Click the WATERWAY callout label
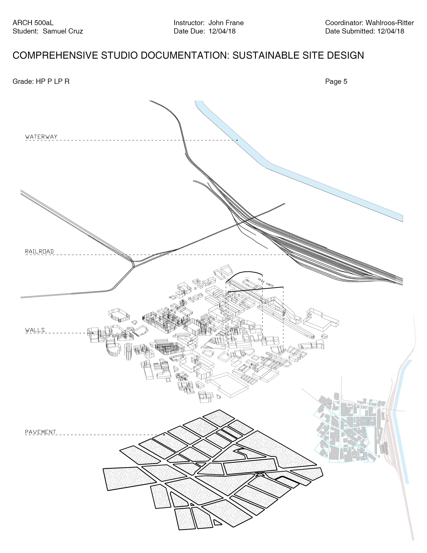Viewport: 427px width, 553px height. [x=41, y=137]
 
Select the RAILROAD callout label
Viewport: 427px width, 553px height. [x=40, y=251]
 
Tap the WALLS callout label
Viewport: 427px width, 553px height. [x=35, y=330]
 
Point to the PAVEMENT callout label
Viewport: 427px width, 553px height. [x=40, y=432]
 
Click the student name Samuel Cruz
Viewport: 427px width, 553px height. [x=63, y=31]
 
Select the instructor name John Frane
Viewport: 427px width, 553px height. [x=226, y=23]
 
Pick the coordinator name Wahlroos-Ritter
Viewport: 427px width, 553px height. [x=390, y=23]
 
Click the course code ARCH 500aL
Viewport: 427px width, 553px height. [x=33, y=23]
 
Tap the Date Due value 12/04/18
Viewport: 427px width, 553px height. [x=222, y=31]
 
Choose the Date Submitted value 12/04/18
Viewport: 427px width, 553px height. [x=391, y=31]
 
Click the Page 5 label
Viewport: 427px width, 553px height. [x=336, y=81]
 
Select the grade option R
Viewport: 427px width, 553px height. [x=67, y=81]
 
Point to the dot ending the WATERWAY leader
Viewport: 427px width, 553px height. [x=237, y=140]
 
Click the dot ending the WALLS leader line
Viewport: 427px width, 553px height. [x=93, y=333]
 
